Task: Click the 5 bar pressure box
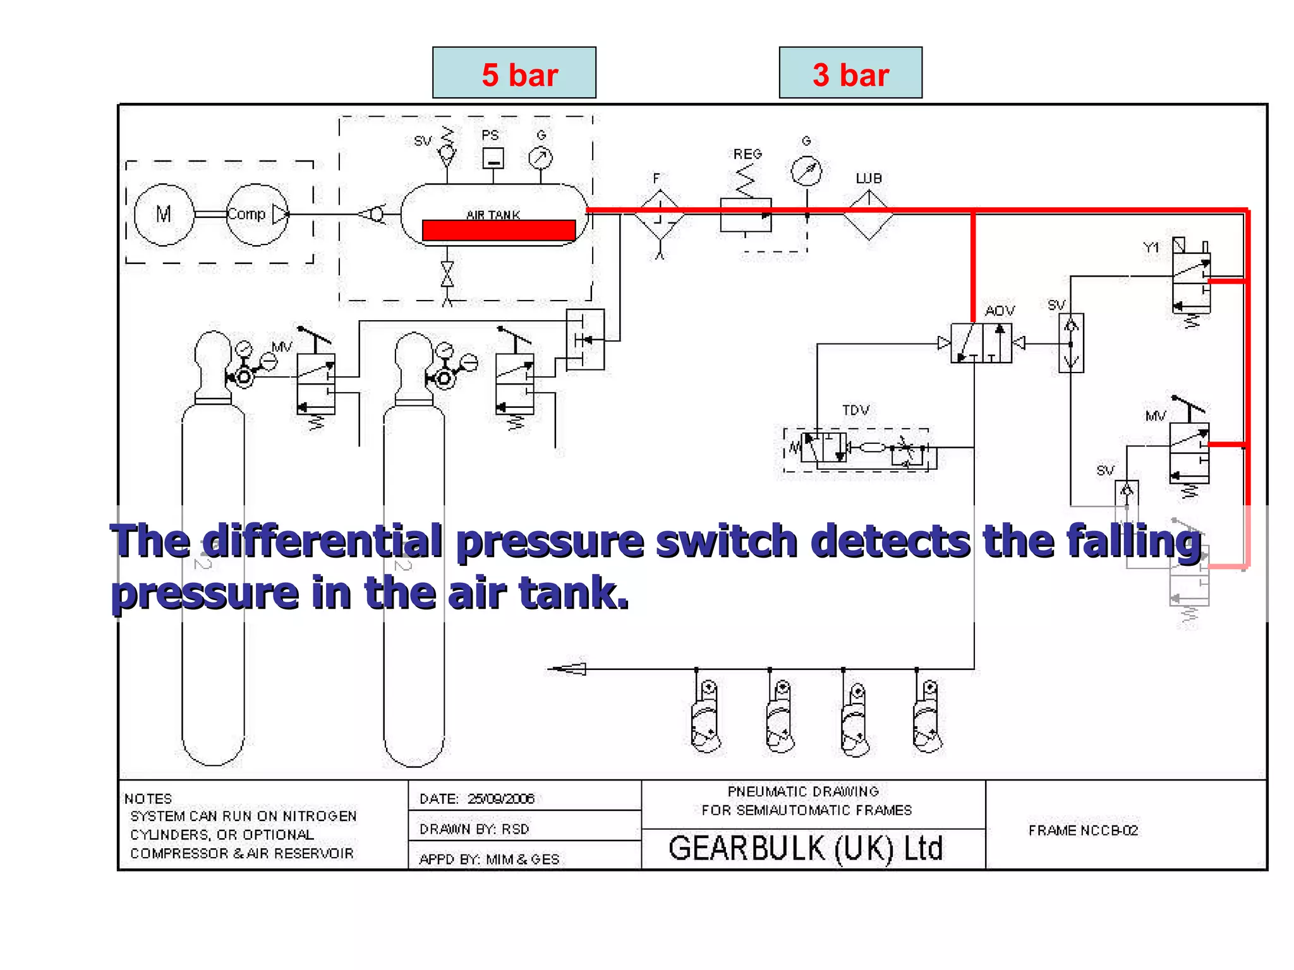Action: tap(514, 73)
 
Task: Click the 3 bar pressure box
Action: tap(850, 73)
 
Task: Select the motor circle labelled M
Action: tap(164, 215)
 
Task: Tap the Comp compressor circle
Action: tap(256, 215)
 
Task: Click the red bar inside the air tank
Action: tap(499, 230)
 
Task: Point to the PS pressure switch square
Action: tap(493, 158)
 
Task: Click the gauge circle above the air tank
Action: tap(540, 158)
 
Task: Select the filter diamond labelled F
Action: tap(660, 215)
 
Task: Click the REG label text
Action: tap(747, 154)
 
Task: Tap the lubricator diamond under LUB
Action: tap(869, 215)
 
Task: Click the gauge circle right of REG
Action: tap(806, 171)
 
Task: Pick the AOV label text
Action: tap(1000, 311)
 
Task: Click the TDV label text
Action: tap(856, 410)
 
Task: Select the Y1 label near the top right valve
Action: tap(1151, 248)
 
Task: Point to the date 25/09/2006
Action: tap(501, 799)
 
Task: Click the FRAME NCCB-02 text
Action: tap(1083, 830)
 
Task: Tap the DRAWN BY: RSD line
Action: tap(474, 829)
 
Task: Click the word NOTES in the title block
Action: tap(148, 799)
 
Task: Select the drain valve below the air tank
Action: tap(447, 275)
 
